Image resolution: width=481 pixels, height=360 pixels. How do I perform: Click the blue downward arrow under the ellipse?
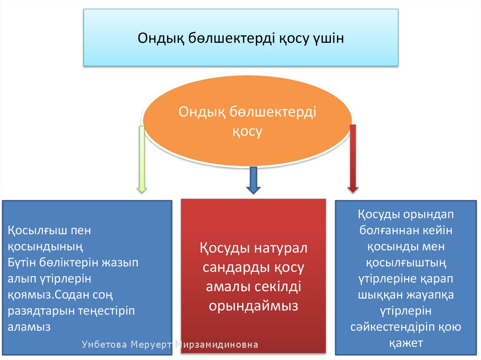[253, 180]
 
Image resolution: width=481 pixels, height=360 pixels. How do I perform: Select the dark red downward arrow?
[353, 160]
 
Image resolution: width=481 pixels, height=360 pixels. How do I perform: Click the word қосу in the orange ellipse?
[247, 131]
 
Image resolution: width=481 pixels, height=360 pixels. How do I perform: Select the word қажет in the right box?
[406, 343]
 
